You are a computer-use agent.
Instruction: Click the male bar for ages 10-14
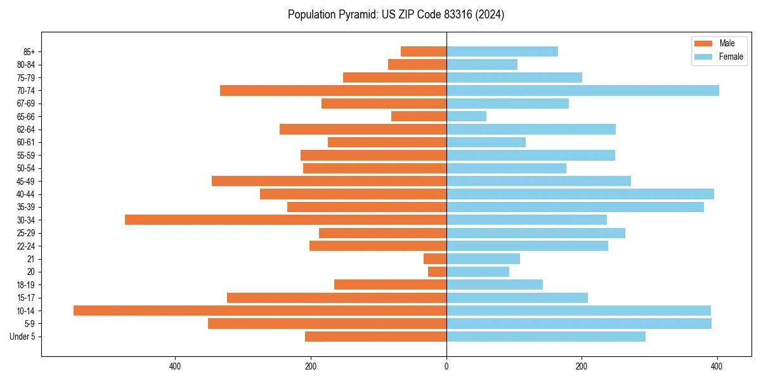[x=260, y=311]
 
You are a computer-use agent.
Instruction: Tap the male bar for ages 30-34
[x=285, y=220]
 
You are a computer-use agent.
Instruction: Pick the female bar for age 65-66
[x=466, y=116]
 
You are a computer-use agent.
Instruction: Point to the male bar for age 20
[x=437, y=272]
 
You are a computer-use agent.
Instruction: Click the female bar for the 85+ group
[x=502, y=51]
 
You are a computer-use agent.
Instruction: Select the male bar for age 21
[x=435, y=258]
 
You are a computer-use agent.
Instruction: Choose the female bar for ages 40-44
[x=580, y=194]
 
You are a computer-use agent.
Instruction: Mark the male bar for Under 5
[x=375, y=337]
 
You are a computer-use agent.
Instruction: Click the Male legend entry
[x=727, y=43]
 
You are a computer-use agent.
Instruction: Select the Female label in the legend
[x=731, y=57]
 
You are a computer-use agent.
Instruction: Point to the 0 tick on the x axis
[x=446, y=366]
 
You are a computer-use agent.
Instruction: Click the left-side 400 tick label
[x=175, y=366]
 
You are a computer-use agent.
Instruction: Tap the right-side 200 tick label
[x=582, y=366]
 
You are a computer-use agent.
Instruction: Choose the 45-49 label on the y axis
[x=26, y=181]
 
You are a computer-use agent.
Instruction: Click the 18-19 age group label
[x=26, y=285]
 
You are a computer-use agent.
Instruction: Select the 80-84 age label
[x=26, y=65]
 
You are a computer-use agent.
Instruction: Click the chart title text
[x=396, y=15]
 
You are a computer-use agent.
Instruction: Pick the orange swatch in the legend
[x=703, y=43]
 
